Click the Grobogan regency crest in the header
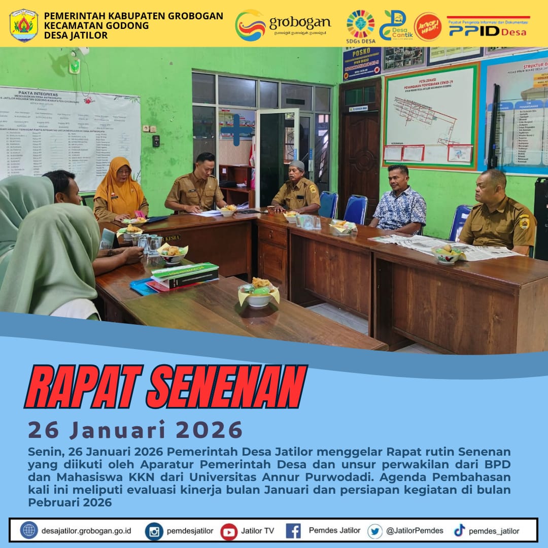pyautogui.click(x=23, y=25)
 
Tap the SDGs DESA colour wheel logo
pyautogui.click(x=360, y=24)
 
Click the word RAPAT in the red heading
pyautogui.click(x=81, y=387)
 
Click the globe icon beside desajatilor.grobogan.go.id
pyautogui.click(x=29, y=530)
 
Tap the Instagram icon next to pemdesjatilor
pyautogui.click(x=154, y=531)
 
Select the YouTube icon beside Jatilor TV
pyautogui.click(x=229, y=531)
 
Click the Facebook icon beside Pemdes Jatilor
pyautogui.click(x=293, y=531)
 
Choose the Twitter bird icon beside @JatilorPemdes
pyautogui.click(x=375, y=531)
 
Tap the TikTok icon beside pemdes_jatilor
pyautogui.click(x=459, y=531)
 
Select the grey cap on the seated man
pyautogui.click(x=297, y=165)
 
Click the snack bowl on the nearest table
pyautogui.click(x=258, y=294)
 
